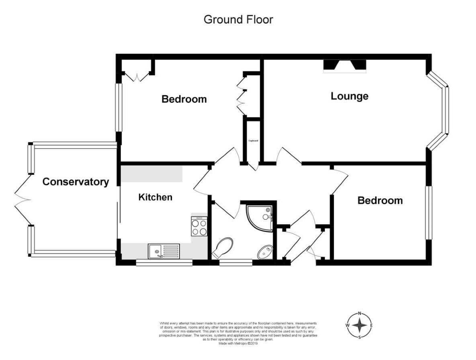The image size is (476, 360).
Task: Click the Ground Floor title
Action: point(238,19)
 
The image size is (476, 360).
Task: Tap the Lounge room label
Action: point(349,96)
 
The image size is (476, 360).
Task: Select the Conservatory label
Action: point(76,182)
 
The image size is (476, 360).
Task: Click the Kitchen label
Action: point(155,197)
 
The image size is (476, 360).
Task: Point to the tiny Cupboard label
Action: point(253,141)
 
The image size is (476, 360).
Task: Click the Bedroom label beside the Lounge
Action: point(184,99)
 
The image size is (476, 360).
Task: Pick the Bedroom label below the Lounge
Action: point(380,200)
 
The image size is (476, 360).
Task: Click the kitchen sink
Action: point(163,252)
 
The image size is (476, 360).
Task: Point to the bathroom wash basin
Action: point(265,252)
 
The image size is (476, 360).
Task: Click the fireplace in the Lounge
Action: point(345,66)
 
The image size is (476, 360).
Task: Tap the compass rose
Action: point(359,325)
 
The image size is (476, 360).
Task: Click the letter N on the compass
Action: point(360,314)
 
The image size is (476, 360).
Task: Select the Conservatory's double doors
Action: point(22,200)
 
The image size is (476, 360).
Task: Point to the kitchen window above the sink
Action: point(164,263)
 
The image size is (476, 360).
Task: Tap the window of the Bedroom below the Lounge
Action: point(429,213)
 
